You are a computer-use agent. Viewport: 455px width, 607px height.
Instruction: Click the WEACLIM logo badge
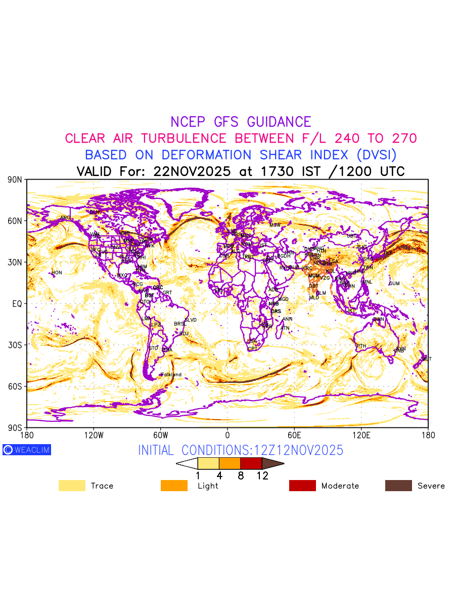[27, 450]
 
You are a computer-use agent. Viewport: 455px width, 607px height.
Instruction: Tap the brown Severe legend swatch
[398, 486]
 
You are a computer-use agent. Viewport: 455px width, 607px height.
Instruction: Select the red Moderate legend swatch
[302, 486]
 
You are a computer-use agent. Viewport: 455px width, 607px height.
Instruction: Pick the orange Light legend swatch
[174, 486]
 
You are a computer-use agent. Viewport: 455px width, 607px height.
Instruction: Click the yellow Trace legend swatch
[72, 486]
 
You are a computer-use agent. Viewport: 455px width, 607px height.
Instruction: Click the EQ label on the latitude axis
[17, 303]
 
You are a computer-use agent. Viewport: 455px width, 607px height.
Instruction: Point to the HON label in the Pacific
[57, 273]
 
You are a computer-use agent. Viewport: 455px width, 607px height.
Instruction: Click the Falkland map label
[171, 375]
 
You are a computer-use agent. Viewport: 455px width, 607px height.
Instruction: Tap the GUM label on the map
[394, 283]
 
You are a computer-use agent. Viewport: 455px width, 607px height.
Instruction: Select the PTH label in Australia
[361, 346]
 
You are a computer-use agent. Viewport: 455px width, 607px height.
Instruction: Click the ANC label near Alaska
[65, 218]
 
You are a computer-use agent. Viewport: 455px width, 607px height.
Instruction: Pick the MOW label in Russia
[275, 225]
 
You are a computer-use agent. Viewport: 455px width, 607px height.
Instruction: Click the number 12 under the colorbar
[262, 475]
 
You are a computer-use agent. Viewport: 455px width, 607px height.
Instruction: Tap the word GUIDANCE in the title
[279, 122]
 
